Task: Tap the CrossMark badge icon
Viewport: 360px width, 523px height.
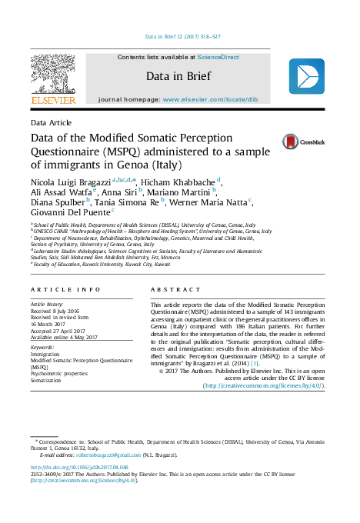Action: click(302, 142)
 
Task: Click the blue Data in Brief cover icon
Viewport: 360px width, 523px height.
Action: click(306, 77)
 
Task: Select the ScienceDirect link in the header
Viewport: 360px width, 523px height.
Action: click(218, 57)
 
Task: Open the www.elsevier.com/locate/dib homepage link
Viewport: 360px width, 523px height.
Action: click(221, 100)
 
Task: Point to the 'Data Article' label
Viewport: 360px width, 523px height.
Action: click(51, 123)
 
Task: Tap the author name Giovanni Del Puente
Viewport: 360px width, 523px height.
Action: click(70, 210)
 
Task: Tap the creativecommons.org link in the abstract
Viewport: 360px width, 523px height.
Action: click(264, 386)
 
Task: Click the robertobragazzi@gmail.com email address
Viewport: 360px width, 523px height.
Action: click(103, 455)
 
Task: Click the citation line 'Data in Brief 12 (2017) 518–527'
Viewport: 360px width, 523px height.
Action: click(182, 37)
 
